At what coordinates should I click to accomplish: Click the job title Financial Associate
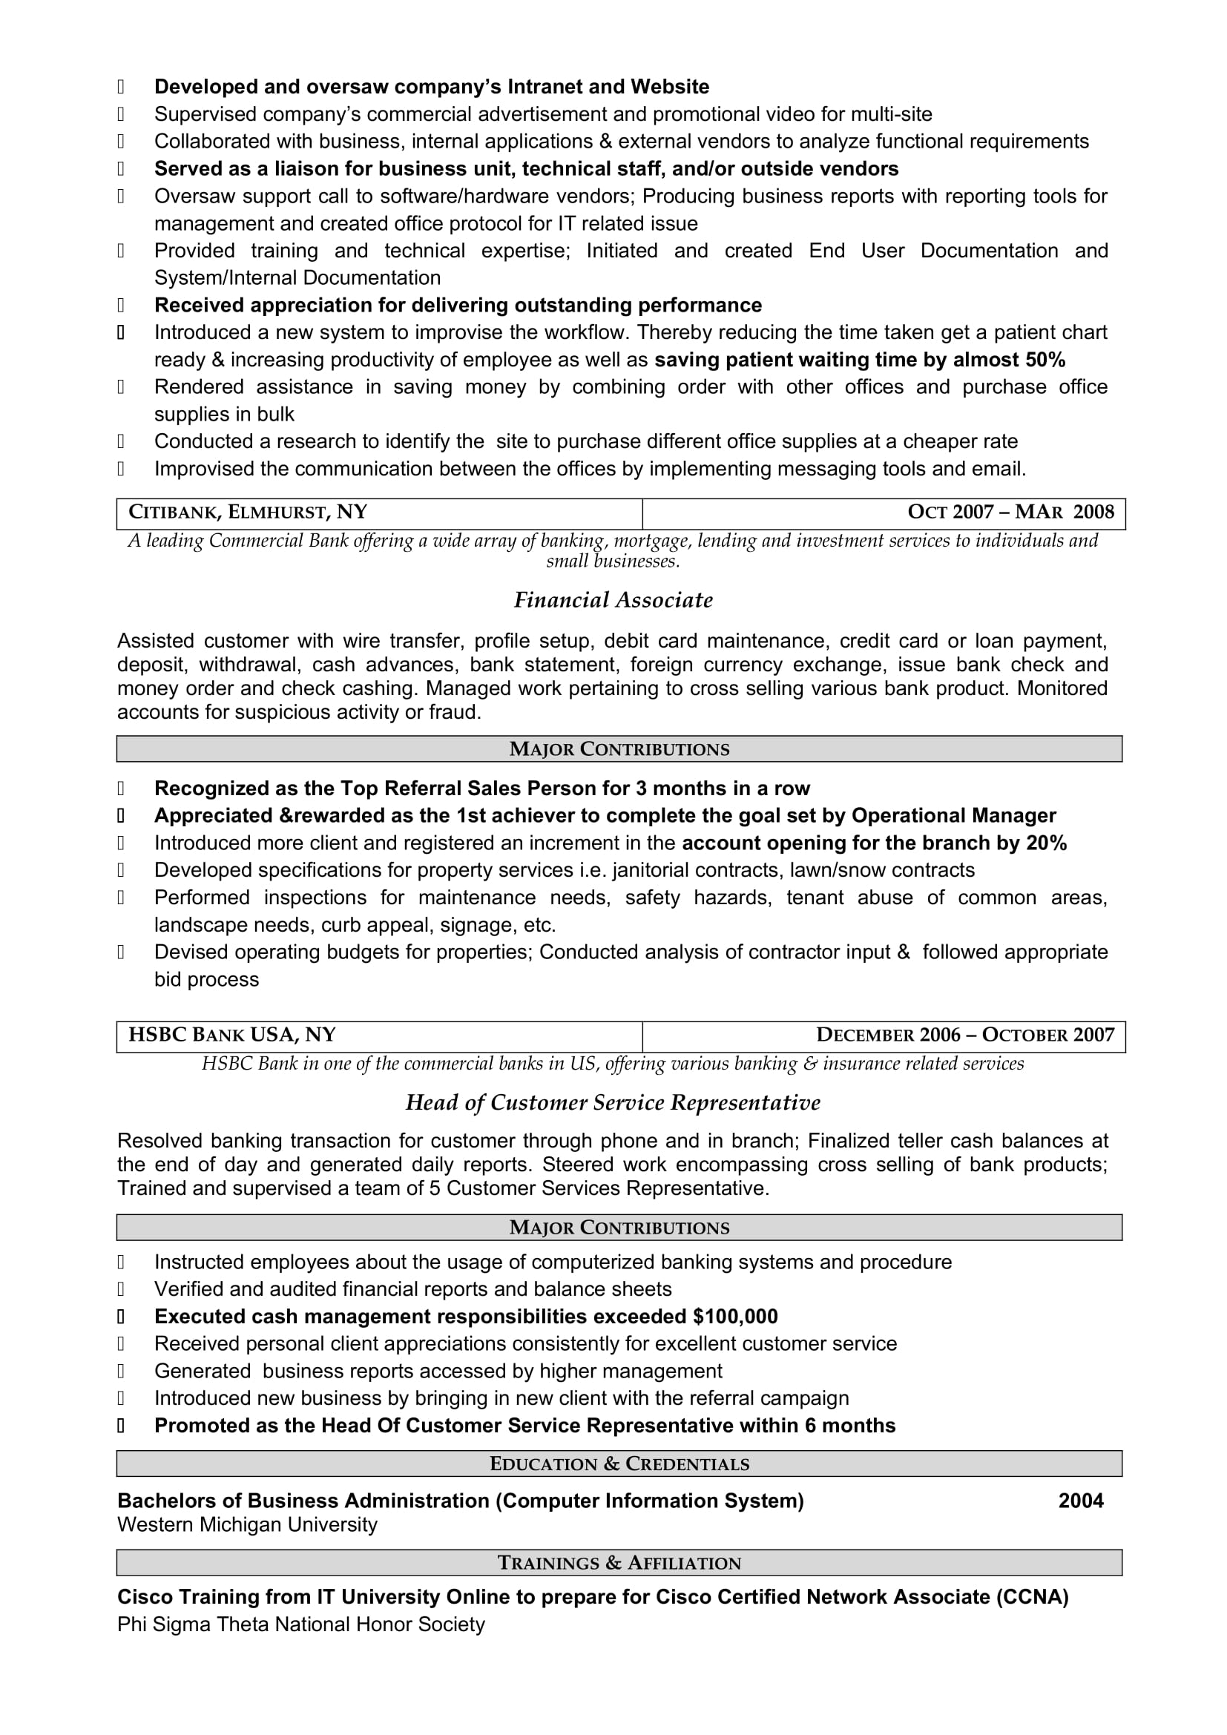click(x=613, y=600)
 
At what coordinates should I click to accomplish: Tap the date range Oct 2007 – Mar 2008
click(x=1010, y=513)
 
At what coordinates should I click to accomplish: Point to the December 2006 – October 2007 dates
click(x=965, y=1036)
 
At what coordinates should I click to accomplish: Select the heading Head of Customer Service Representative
click(x=613, y=1102)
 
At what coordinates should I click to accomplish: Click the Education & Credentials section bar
click(x=619, y=1464)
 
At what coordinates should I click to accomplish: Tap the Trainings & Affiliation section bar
click(x=619, y=1563)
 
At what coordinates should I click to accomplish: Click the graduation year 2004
click(x=1080, y=1501)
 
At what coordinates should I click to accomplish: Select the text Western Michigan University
click(x=247, y=1525)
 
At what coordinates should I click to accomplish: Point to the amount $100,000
click(x=735, y=1317)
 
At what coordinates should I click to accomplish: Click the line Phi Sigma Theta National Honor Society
click(x=300, y=1624)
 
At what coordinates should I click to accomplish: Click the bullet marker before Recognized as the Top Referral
click(x=121, y=789)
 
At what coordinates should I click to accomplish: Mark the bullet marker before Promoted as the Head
click(x=121, y=1425)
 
